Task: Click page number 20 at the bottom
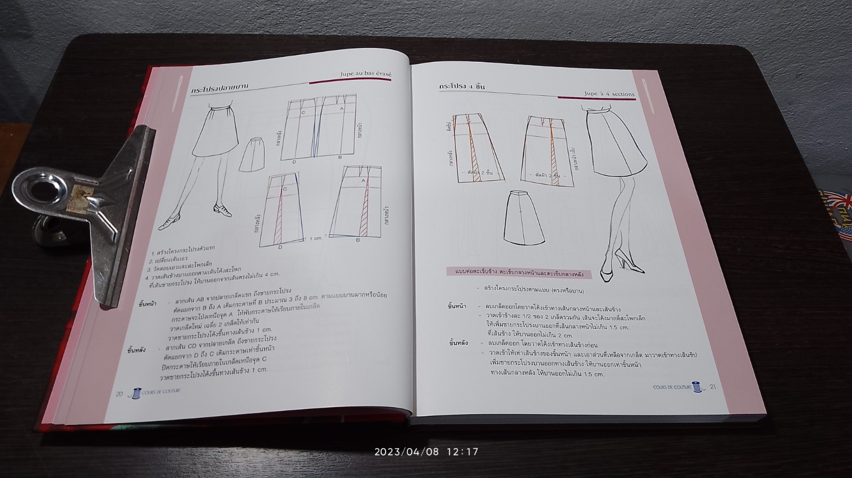(120, 394)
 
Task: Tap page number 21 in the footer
(713, 386)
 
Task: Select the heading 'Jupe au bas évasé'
(366, 76)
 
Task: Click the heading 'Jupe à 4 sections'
(609, 94)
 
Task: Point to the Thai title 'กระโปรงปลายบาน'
(220, 89)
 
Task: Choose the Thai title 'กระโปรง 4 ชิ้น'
(462, 86)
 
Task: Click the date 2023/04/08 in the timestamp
(406, 452)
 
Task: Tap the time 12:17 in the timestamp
(462, 452)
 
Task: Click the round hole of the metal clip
(42, 191)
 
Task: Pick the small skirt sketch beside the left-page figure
(251, 154)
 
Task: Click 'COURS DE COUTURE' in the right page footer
(671, 388)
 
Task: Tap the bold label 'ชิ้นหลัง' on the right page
(458, 343)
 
